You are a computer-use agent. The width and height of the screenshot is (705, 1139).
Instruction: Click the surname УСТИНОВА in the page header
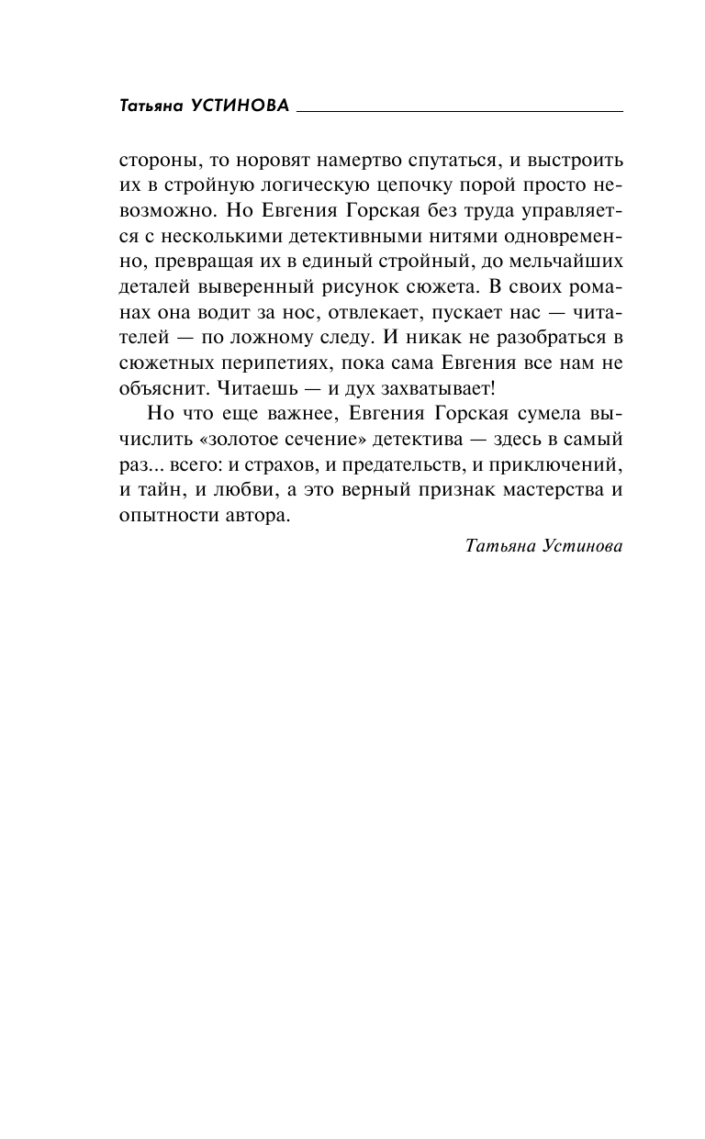point(240,106)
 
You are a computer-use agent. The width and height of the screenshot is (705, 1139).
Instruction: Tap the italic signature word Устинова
point(580,545)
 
